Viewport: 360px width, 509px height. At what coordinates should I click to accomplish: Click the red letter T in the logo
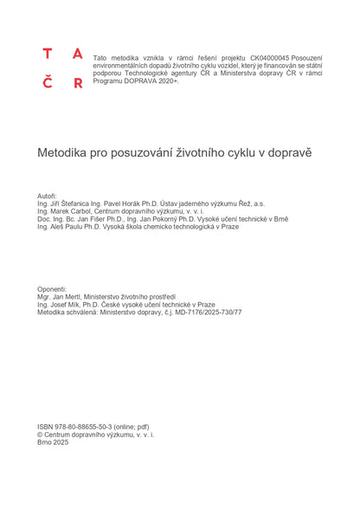click(x=48, y=54)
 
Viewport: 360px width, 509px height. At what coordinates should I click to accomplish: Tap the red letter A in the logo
click(x=78, y=54)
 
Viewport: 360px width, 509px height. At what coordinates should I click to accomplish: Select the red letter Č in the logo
click(x=48, y=83)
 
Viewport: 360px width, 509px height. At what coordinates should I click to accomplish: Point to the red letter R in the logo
click(x=78, y=84)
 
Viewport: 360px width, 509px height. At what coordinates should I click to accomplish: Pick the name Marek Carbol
click(x=68, y=210)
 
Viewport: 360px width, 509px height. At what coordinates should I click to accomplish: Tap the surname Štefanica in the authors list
click(x=82, y=203)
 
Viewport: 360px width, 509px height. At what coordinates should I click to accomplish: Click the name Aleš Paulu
click(x=67, y=227)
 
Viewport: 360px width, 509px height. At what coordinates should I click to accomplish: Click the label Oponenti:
click(x=52, y=288)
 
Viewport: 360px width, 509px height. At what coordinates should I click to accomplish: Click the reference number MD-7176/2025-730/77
click(x=202, y=312)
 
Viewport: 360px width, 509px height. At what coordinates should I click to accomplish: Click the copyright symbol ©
click(x=41, y=435)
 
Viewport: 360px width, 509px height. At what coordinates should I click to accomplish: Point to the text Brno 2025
click(x=53, y=442)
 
